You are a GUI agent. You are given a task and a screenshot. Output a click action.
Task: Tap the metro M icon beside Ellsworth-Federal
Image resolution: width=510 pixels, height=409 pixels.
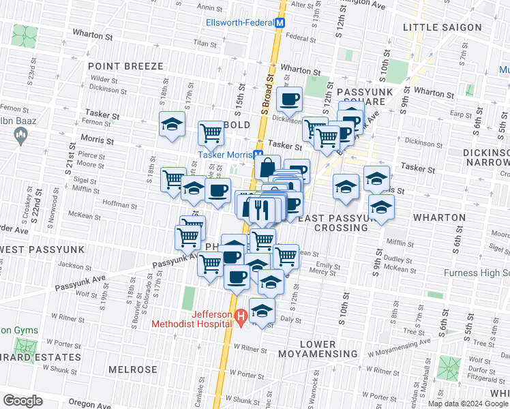coord(280,22)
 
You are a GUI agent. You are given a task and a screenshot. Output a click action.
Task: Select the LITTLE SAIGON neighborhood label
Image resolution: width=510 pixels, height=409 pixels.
coord(442,27)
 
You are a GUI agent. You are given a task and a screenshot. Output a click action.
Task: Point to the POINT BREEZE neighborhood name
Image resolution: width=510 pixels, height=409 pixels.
coord(125,66)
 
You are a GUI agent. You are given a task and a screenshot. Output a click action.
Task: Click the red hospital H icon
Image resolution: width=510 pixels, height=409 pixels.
coord(240,317)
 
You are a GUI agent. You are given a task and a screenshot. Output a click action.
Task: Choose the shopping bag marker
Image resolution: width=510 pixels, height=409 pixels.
coord(268,166)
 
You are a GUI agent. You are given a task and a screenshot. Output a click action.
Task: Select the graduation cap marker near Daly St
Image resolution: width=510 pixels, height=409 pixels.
coord(262,310)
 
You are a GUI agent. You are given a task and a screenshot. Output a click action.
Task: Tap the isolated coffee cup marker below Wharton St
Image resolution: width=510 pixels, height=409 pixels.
coord(290,99)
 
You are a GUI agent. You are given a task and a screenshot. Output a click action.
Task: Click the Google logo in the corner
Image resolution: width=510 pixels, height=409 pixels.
coord(22,400)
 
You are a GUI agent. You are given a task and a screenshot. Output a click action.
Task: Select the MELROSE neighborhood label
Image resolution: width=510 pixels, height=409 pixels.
coord(132,369)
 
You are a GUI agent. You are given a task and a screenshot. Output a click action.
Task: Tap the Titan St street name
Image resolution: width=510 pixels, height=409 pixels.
coord(204,42)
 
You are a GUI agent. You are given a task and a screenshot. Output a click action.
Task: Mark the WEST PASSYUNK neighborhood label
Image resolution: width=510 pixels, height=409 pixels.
coord(42,249)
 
